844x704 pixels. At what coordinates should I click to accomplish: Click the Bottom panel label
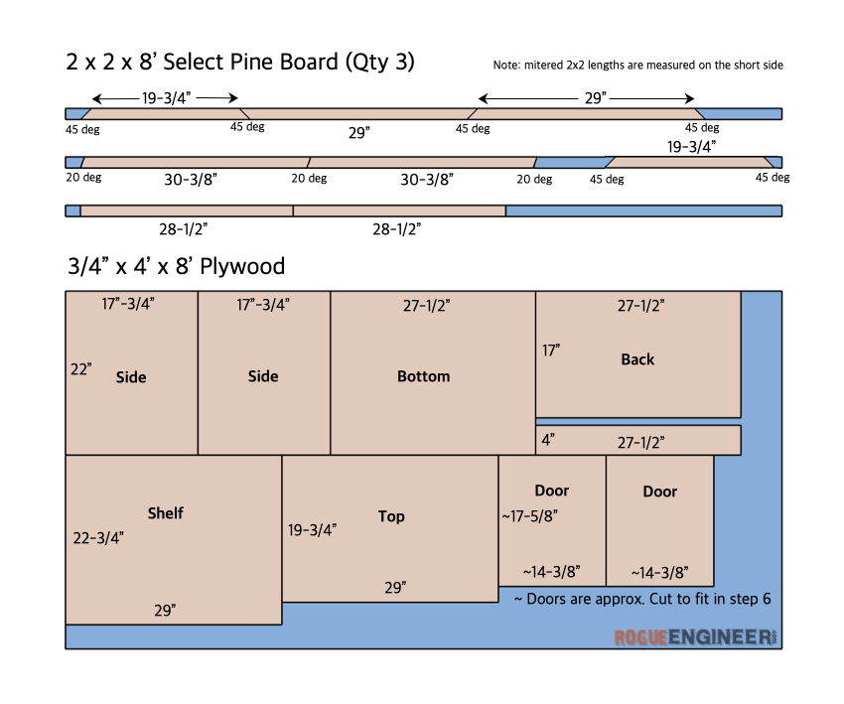(424, 376)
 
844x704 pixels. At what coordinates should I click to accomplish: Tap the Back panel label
(637, 359)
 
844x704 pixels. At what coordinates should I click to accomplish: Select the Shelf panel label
(165, 513)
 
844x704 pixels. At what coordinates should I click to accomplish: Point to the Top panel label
(391, 516)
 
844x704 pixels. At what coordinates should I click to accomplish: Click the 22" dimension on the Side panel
(80, 369)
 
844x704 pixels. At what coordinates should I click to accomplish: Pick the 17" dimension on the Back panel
(551, 351)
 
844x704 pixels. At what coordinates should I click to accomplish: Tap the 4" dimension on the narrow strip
(548, 440)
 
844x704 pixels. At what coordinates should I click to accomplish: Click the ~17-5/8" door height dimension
(529, 516)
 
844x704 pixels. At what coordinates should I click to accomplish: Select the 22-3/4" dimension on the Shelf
(98, 538)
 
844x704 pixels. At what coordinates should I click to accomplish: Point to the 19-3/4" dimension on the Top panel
(312, 530)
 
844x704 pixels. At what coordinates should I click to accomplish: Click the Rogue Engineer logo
(695, 637)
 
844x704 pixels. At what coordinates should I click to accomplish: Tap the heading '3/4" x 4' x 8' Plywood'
(176, 266)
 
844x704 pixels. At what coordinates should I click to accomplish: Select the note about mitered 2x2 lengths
(637, 66)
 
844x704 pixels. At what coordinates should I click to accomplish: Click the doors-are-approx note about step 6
(642, 599)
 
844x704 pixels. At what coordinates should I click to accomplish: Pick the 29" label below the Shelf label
(165, 611)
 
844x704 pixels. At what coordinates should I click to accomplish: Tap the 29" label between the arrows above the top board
(596, 98)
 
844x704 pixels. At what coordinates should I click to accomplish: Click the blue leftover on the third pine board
(643, 211)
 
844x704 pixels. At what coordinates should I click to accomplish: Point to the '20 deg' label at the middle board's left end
(83, 177)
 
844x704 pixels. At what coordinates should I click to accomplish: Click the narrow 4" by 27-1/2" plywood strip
(638, 440)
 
